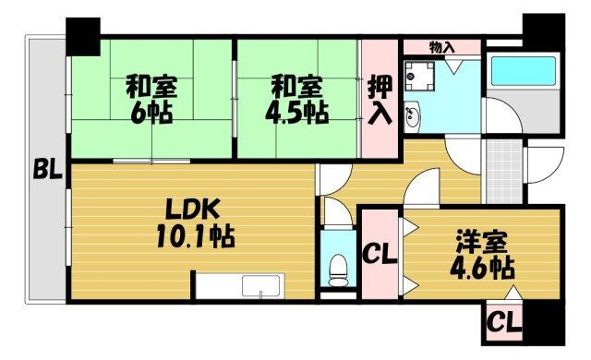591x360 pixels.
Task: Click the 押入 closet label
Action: click(x=380, y=100)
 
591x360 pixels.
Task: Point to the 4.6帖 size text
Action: click(x=482, y=270)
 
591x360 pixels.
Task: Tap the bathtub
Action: click(x=521, y=73)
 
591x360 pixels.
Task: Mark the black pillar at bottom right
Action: click(x=543, y=324)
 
